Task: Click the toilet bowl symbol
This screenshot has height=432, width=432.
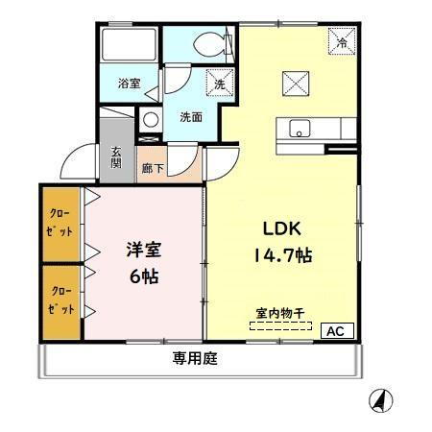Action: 212,44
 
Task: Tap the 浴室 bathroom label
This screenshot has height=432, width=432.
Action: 129,84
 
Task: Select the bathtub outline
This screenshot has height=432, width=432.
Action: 129,44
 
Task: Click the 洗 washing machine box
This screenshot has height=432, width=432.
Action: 220,83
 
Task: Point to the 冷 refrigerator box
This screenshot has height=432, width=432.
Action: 342,41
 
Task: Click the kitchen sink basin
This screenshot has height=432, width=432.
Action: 300,129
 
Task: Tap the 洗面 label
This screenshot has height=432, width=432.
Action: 191,117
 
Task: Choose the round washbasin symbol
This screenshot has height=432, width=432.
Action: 151,120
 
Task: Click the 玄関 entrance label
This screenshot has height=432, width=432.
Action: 116,157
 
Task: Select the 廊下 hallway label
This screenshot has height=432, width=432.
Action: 153,168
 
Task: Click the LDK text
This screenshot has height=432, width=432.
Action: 282,228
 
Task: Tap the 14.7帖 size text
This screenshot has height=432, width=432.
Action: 283,255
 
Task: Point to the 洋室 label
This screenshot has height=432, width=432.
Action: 144,250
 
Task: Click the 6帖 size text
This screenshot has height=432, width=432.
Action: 144,276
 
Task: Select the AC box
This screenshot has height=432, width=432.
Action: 337,330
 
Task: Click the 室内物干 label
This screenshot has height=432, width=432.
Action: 280,313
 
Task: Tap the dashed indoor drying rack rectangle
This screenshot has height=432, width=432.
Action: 280,325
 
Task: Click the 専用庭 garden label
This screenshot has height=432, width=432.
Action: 195,358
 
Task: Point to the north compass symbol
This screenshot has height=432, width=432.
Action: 381,400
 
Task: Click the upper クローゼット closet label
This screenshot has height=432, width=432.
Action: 60,223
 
